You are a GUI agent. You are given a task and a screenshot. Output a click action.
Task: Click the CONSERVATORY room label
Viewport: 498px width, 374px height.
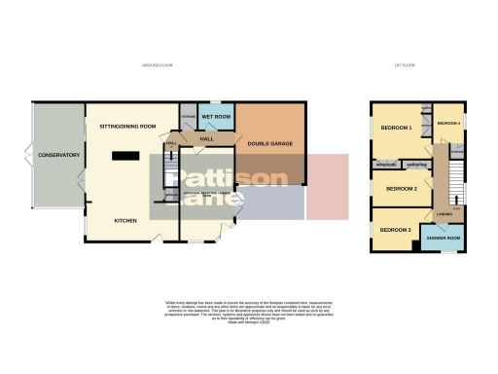[57, 156]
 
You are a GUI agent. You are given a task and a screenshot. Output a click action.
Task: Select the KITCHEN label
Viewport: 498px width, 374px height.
[123, 221]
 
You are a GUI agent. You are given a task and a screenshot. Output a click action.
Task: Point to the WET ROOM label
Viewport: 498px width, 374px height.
[216, 117]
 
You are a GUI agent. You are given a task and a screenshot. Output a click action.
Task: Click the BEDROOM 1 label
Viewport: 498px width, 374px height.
[397, 128]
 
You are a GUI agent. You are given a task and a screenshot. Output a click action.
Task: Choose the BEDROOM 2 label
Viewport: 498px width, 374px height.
[401, 189]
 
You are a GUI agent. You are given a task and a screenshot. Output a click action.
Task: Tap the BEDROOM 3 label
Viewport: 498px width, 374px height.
[395, 230]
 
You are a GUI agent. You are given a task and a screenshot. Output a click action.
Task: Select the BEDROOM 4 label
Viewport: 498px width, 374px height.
[448, 123]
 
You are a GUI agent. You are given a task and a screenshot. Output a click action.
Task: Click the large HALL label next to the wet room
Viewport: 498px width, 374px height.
[207, 139]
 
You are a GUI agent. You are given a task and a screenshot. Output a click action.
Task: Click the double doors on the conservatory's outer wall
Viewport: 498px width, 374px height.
[30, 156]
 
